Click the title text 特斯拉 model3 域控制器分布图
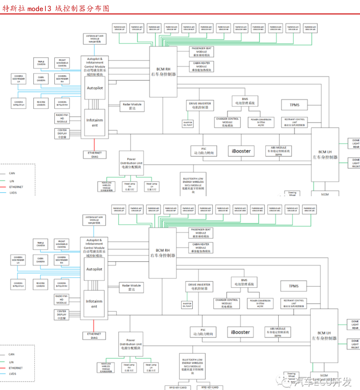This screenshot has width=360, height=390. [56, 7]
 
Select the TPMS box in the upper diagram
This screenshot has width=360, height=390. [294, 105]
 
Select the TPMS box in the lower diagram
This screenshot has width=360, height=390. [294, 286]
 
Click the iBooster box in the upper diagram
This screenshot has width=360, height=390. [241, 151]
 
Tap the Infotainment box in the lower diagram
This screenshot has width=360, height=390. [94, 304]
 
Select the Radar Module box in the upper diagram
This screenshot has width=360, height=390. [131, 106]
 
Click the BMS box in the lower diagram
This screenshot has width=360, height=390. [244, 282]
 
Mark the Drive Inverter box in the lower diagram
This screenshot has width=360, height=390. [199, 286]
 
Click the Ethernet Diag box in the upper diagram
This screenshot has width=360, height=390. [95, 155]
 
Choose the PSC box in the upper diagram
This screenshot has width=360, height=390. [203, 151]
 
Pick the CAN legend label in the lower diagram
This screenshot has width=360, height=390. [12, 354]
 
